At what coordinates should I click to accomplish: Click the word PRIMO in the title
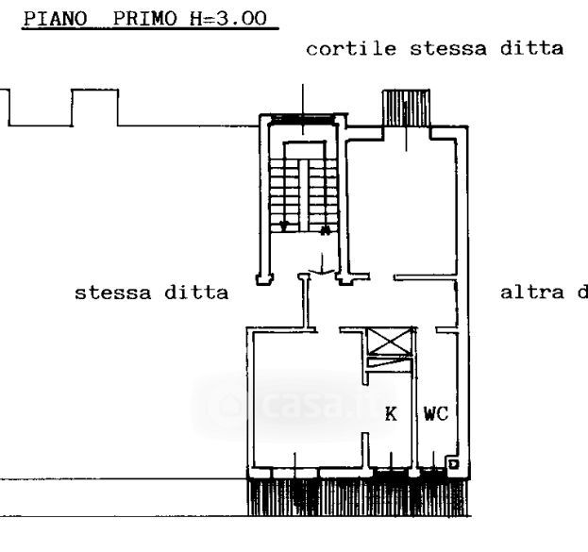pos(134,19)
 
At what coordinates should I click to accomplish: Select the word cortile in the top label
pos(342,49)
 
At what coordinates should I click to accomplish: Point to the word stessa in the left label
pos(108,293)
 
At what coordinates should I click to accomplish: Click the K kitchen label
pos(390,413)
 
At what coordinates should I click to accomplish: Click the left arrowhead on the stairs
pos(284,226)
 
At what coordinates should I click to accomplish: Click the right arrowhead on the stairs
pos(325,228)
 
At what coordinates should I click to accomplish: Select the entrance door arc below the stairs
pos(322,270)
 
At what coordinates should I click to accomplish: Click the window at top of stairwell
pos(302,120)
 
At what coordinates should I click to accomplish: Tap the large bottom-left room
pos(302,396)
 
